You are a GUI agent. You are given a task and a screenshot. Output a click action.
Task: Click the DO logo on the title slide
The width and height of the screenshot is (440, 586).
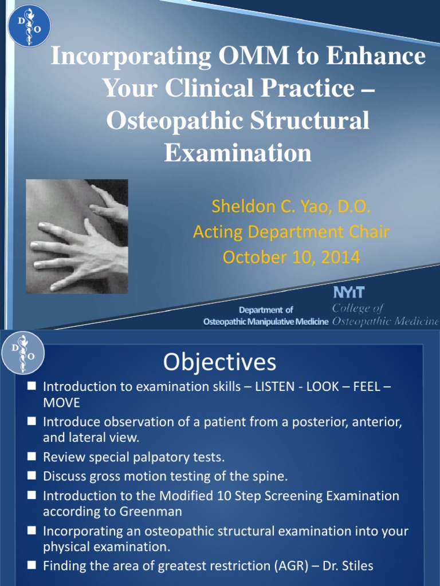pyautogui.click(x=29, y=26)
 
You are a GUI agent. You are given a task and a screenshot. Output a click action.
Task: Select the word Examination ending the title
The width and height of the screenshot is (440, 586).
pyautogui.click(x=238, y=153)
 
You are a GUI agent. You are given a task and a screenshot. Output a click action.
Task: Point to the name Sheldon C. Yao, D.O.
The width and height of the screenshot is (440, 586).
pyautogui.click(x=291, y=206)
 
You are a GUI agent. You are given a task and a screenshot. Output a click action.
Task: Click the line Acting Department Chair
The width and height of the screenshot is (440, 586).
pyautogui.click(x=291, y=232)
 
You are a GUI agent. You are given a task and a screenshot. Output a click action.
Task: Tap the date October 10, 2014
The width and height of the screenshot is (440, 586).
pyautogui.click(x=291, y=258)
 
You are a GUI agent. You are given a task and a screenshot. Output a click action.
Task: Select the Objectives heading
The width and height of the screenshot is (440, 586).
pyautogui.click(x=219, y=362)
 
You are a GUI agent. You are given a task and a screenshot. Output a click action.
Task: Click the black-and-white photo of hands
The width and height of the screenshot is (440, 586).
pyautogui.click(x=77, y=236)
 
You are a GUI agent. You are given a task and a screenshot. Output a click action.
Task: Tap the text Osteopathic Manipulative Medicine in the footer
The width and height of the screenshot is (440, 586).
pyautogui.click(x=266, y=322)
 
